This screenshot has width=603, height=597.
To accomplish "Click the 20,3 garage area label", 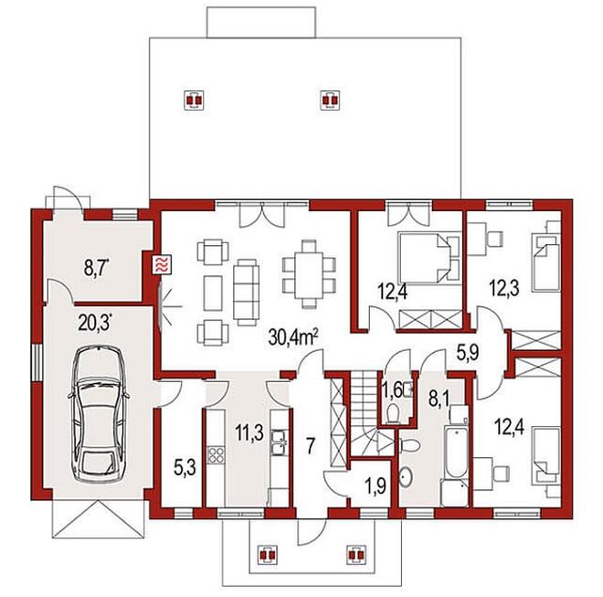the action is (x=95, y=322).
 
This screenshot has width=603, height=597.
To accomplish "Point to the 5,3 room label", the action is (x=185, y=468).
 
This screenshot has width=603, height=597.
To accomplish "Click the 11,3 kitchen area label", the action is (x=249, y=432).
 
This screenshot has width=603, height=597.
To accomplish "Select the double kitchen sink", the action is (x=278, y=442).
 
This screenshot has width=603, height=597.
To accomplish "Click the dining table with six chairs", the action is (x=309, y=274).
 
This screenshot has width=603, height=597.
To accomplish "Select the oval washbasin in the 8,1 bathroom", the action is (x=406, y=477).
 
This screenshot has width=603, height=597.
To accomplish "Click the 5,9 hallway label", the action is (x=468, y=352).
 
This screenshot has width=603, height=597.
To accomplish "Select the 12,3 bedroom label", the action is (x=504, y=288).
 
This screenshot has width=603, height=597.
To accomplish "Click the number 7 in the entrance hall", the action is (x=311, y=445).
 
